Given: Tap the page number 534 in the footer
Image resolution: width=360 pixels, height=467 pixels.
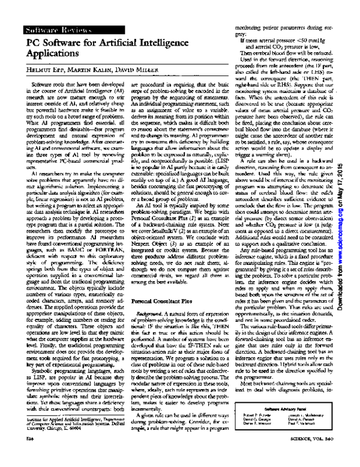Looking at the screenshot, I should point(22,456).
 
